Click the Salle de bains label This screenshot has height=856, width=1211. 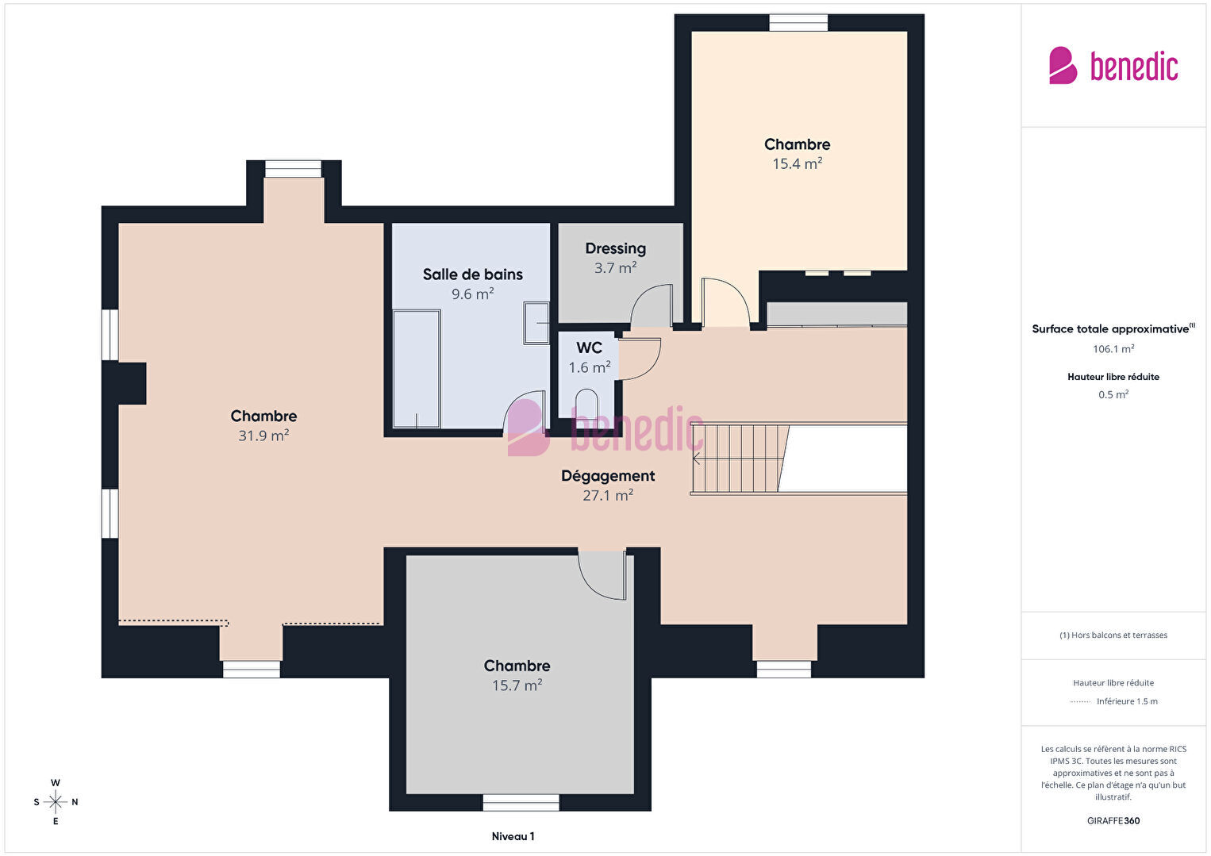[x=472, y=274]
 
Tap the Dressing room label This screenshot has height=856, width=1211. [x=615, y=248]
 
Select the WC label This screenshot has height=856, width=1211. [x=589, y=348]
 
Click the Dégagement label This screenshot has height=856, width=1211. [x=608, y=476]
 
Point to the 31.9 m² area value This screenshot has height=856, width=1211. [x=263, y=436]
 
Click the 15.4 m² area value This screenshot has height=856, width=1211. [x=797, y=163]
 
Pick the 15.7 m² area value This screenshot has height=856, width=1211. [x=517, y=685]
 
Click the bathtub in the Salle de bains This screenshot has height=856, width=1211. [x=417, y=369]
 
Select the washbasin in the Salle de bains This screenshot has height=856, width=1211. [x=536, y=323]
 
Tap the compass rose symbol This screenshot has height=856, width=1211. [x=55, y=802]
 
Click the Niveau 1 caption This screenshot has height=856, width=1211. [x=513, y=836]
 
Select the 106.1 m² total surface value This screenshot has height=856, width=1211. [x=1113, y=349]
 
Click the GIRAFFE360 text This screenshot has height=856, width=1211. [x=1113, y=820]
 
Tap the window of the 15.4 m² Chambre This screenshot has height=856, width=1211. [x=798, y=23]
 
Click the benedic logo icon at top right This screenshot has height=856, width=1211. [x=1063, y=65]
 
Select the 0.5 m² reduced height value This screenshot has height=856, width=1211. [x=1113, y=394]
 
